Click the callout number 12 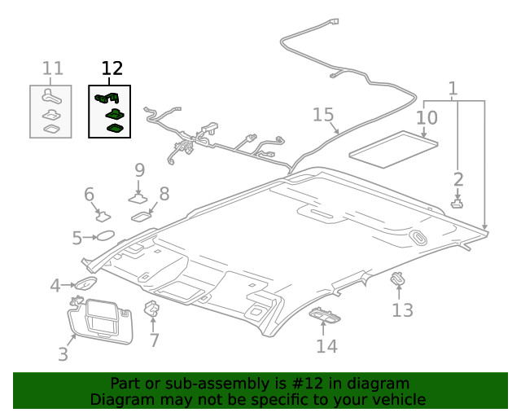click(x=112, y=68)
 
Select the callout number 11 click(x=53, y=68)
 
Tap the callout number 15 click(x=323, y=115)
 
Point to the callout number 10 click(x=427, y=118)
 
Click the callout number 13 click(x=402, y=309)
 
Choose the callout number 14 click(x=326, y=346)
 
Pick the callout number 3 click(x=63, y=354)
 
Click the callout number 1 click(x=453, y=89)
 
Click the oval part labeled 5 click(x=106, y=236)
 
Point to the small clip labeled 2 click(x=457, y=203)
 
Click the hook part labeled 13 click(x=398, y=279)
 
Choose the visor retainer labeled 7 click(x=151, y=309)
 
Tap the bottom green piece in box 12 click(x=116, y=127)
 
